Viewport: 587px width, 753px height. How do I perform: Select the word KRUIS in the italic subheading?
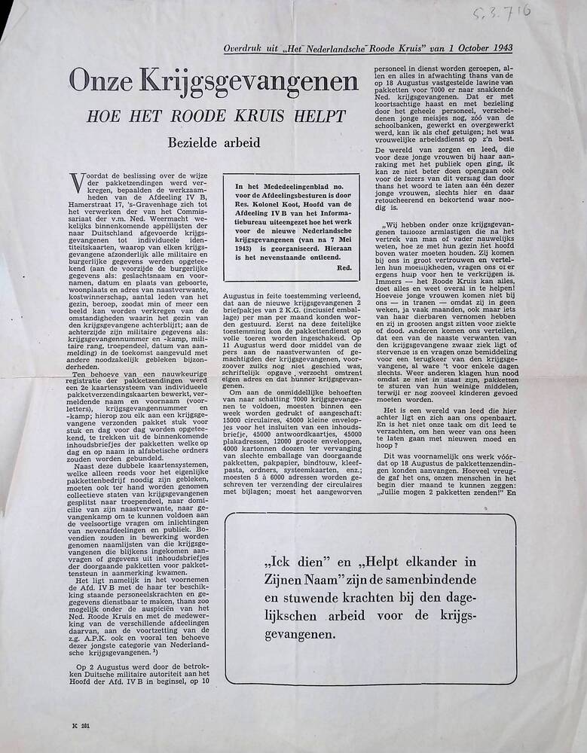tap(244, 117)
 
